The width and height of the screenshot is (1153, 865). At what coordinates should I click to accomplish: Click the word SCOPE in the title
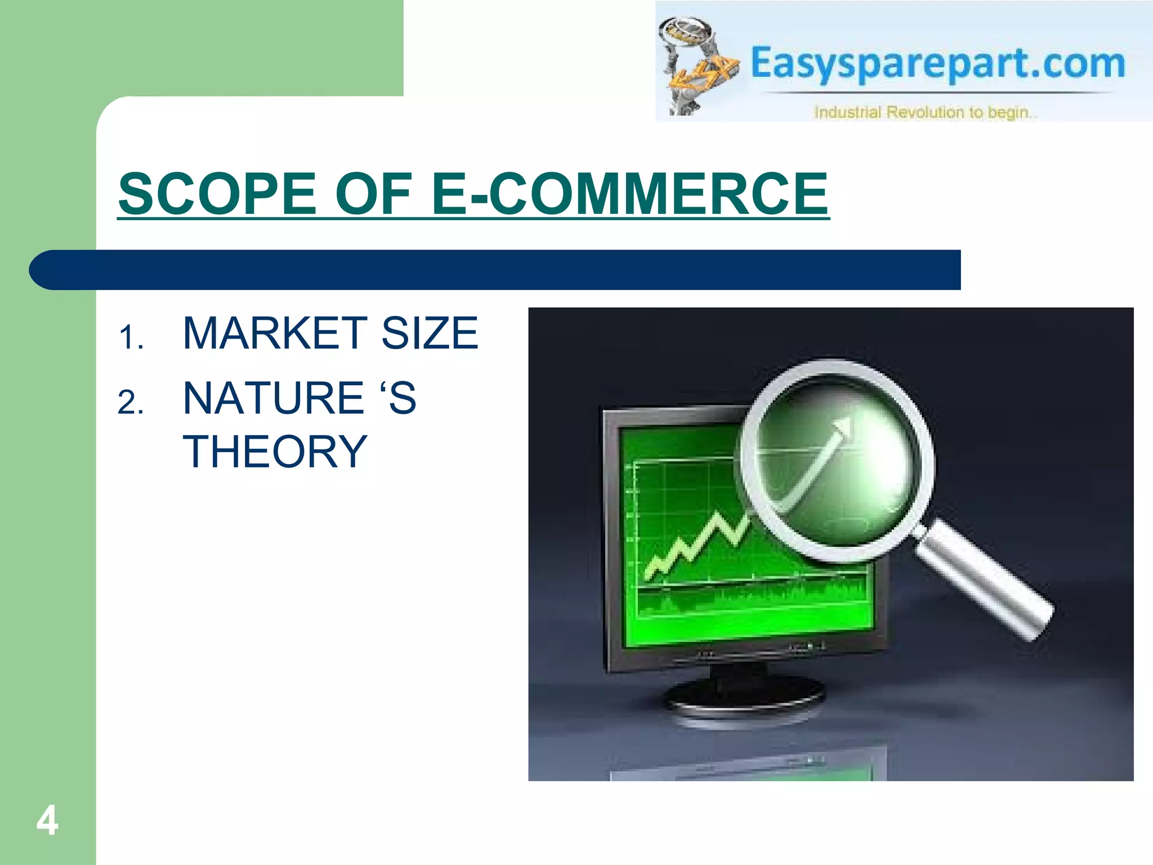(x=217, y=194)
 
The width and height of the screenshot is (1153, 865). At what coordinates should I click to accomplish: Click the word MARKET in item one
(x=275, y=333)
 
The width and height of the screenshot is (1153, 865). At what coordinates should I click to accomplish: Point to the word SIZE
(x=430, y=333)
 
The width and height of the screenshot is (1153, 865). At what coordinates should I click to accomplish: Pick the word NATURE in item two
(x=274, y=399)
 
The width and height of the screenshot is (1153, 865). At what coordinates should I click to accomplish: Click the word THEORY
(x=275, y=452)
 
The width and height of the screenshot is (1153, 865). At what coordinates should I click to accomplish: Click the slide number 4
(x=47, y=821)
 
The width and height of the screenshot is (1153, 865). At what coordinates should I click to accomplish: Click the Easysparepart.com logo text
(x=937, y=63)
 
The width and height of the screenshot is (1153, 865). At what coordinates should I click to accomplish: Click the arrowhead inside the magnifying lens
(x=842, y=428)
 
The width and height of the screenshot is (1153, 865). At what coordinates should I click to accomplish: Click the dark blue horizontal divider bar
(x=495, y=270)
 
